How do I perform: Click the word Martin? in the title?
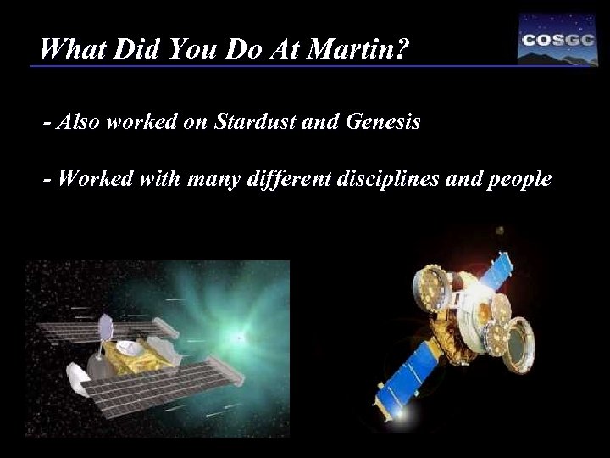360,51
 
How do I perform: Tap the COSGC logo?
557,40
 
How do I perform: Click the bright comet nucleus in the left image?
241,337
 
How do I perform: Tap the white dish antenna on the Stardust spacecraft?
130,348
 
